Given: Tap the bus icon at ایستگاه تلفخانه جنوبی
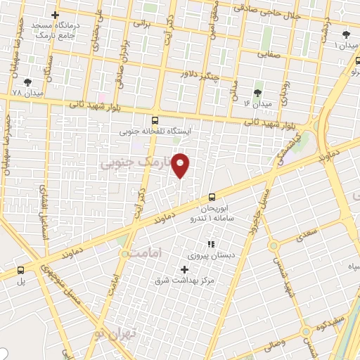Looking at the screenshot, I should click(x=155, y=120).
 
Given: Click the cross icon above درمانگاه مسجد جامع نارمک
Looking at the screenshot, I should click(x=56, y=15).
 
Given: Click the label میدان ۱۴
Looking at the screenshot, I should click(x=257, y=103).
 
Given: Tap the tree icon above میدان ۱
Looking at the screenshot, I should click(x=345, y=34).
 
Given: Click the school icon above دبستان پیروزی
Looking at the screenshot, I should click(x=210, y=244).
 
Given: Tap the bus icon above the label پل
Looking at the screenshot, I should click(x=20, y=270).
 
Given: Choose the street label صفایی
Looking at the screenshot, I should click(x=268, y=53).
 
